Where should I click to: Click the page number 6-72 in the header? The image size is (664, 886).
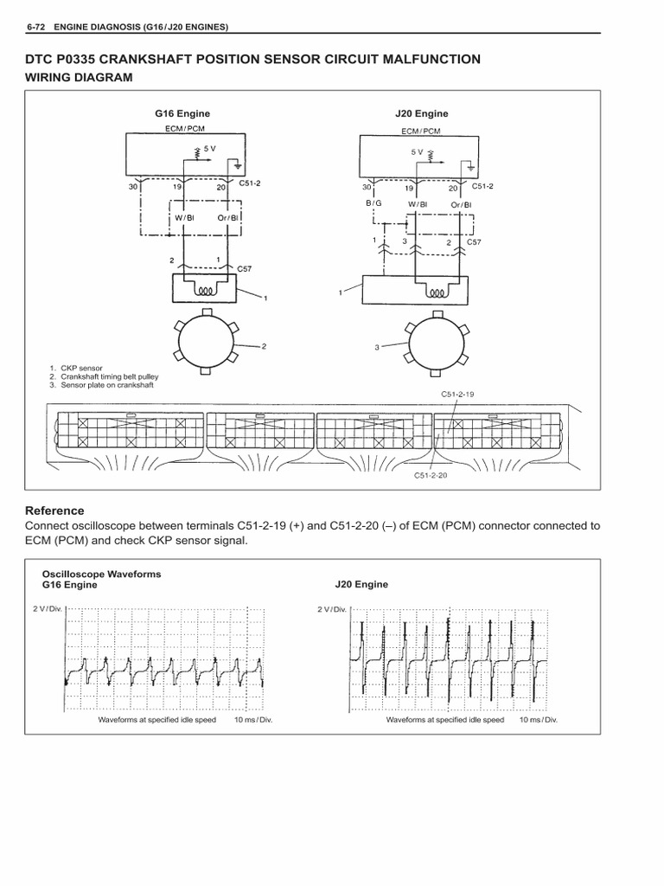tap(38, 28)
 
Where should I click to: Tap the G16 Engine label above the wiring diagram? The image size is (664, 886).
tap(182, 113)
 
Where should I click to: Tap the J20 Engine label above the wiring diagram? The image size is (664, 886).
tap(421, 113)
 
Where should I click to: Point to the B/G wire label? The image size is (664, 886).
tap(373, 204)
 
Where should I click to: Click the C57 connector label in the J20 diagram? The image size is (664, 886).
tap(474, 242)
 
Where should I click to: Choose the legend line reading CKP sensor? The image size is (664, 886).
tap(80, 369)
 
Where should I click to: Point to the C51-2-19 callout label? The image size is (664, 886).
tap(457, 394)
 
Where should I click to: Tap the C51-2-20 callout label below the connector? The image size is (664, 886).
tap(432, 474)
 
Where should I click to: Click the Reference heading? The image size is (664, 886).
tap(54, 510)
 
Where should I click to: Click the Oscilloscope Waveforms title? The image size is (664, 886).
tap(102, 574)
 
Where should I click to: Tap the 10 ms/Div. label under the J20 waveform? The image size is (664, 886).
tap(539, 719)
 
